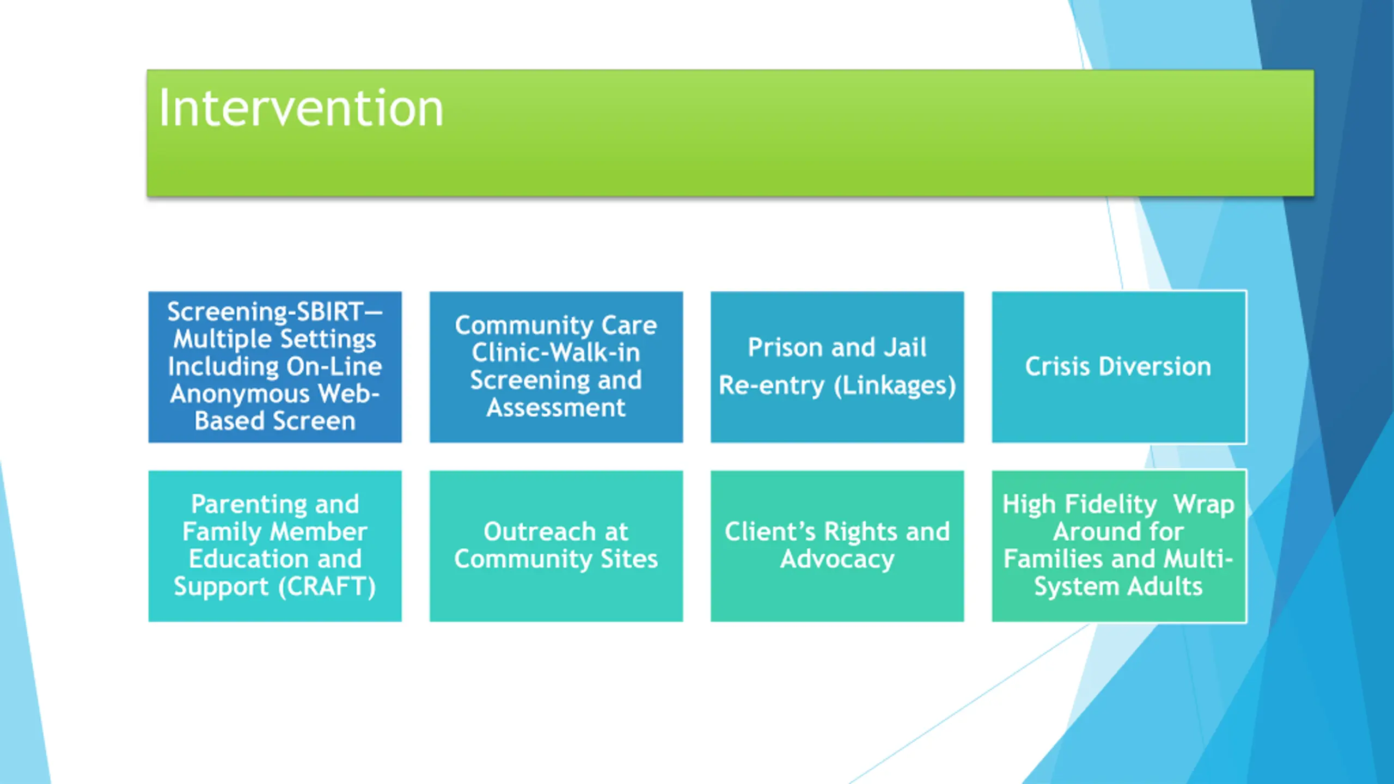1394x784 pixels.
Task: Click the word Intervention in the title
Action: [x=301, y=109]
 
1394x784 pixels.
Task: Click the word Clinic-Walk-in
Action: [x=556, y=353]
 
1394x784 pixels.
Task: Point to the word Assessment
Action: [x=556, y=408]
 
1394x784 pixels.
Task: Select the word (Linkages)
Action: [x=895, y=386]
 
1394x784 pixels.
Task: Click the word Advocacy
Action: [x=837, y=559]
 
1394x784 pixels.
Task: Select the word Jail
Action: [x=904, y=347]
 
